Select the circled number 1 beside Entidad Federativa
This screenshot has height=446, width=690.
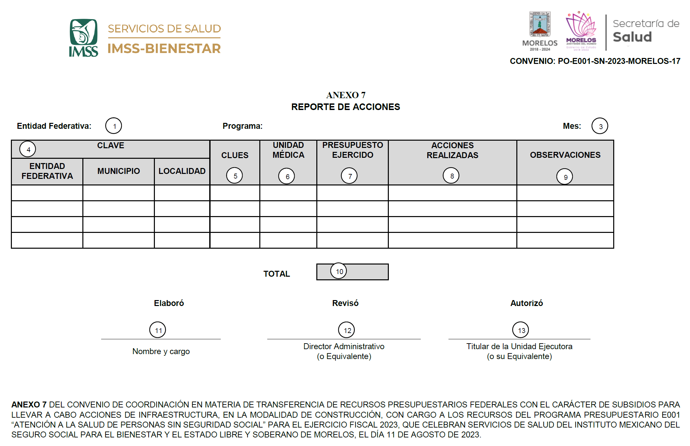click(114, 126)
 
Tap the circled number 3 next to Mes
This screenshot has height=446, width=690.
click(600, 126)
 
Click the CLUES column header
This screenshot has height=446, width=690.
click(235, 155)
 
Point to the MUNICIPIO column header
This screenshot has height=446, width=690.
click(119, 171)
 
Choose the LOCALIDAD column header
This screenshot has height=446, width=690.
click(182, 171)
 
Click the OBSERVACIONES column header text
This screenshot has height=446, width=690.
click(565, 155)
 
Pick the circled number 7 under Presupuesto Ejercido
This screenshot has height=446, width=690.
click(349, 176)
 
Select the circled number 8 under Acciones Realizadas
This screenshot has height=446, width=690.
click(451, 176)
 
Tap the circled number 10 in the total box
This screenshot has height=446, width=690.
click(339, 271)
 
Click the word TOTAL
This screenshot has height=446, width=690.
click(276, 274)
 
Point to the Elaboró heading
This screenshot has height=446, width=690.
click(169, 303)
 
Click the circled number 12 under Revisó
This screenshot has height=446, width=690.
click(347, 330)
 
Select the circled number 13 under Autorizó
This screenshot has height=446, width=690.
click(521, 330)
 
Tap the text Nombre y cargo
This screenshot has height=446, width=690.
click(161, 351)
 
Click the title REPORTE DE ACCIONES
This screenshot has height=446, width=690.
click(345, 107)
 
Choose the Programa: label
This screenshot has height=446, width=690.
click(243, 126)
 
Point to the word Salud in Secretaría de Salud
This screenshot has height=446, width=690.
click(632, 37)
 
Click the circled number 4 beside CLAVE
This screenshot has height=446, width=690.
click(28, 149)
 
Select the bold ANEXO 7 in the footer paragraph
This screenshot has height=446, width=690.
click(29, 404)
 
